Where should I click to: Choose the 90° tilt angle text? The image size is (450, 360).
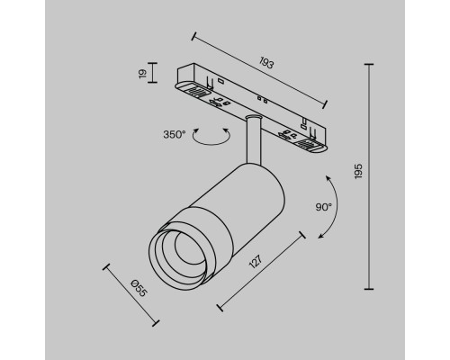(324, 207)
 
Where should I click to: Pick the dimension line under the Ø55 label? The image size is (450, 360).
(130, 294)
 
